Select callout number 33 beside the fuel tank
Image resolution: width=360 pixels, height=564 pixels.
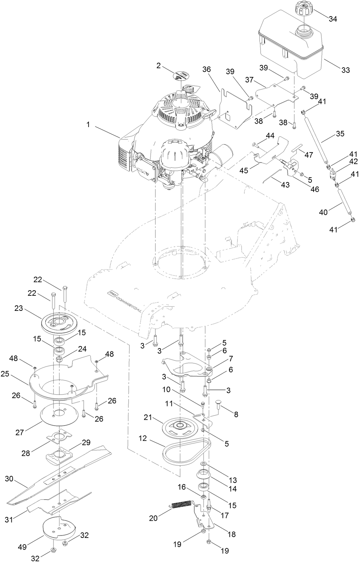click(345, 70)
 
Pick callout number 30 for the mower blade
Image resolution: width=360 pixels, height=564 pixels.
click(9, 478)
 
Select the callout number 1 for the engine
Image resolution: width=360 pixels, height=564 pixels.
click(88, 125)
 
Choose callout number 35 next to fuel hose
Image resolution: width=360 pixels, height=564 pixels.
click(340, 134)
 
